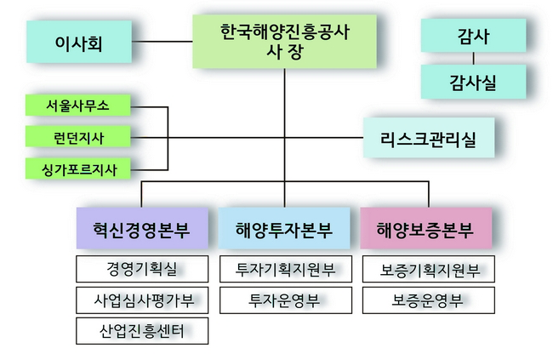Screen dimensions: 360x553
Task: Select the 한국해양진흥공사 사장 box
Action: coord(285,41)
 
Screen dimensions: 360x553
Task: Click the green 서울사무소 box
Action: coord(77,106)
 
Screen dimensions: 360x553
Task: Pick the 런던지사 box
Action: coord(77,136)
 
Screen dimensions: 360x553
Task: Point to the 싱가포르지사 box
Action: coord(77,168)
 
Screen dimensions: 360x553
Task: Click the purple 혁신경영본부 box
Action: coord(142,227)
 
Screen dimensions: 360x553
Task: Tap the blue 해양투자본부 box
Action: coord(285,227)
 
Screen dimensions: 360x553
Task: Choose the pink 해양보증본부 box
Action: coord(428,227)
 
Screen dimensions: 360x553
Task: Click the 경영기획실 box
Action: coord(142,270)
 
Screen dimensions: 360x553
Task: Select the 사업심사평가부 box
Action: coord(142,300)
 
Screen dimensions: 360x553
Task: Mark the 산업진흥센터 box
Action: coord(142,329)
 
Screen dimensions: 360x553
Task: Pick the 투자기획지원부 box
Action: coord(285,270)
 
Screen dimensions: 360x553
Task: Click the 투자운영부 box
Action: coord(285,300)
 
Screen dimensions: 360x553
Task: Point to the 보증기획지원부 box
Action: coord(428,270)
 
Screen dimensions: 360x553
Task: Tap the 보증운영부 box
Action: coord(428,300)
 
